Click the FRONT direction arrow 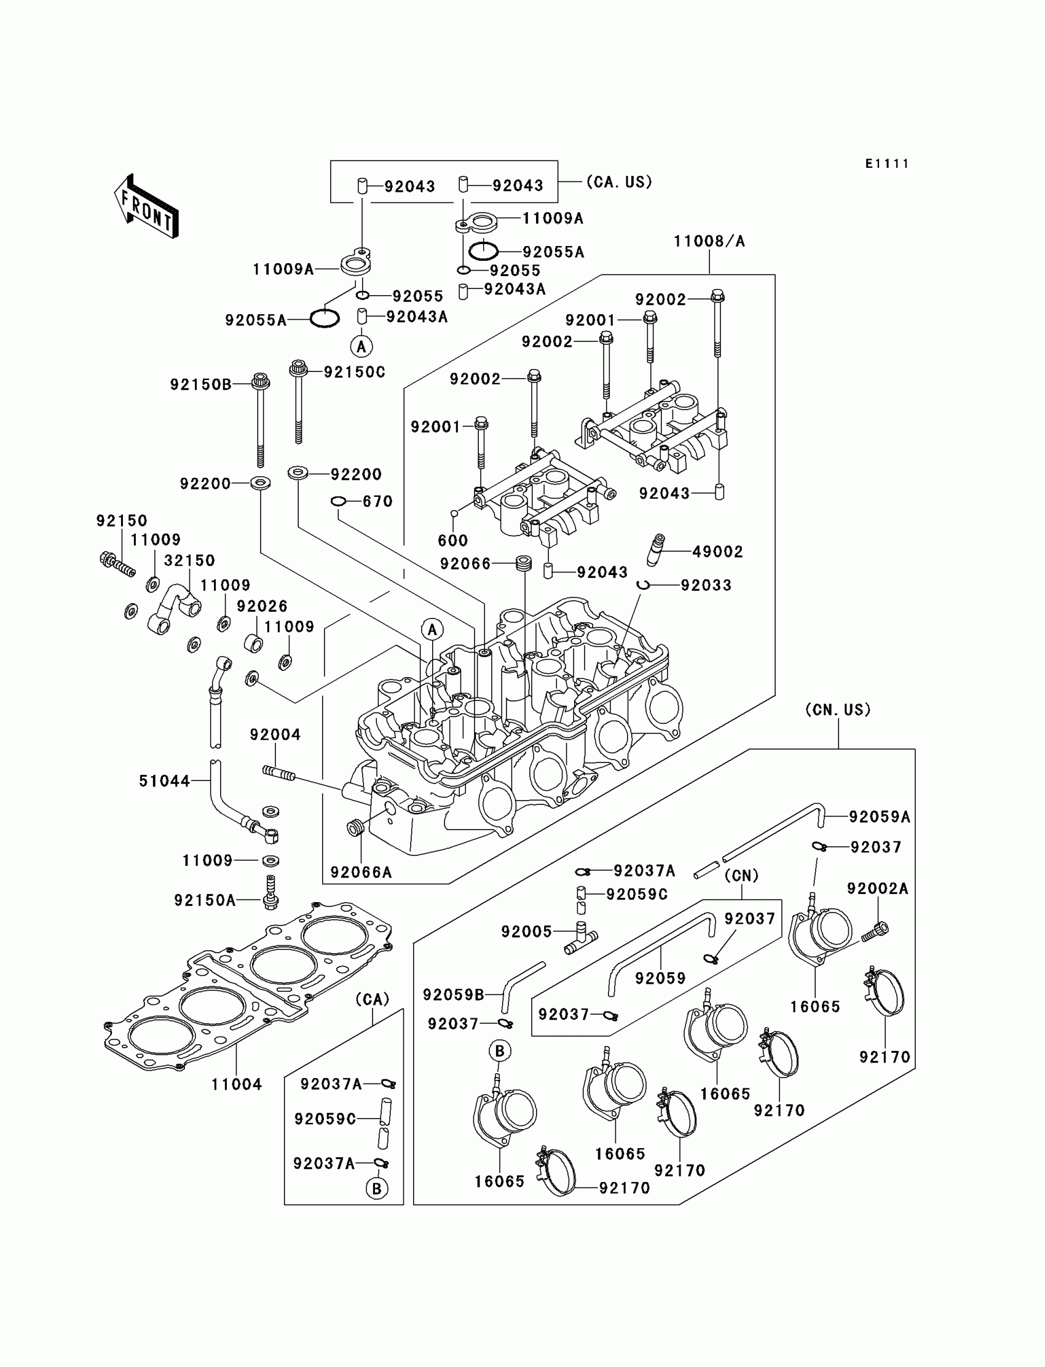146,207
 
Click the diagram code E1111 887,164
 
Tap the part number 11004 237,1085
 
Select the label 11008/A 709,242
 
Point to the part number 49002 718,552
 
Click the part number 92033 706,585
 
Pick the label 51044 164,781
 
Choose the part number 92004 275,735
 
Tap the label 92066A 361,873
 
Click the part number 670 377,502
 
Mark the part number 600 452,540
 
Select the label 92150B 200,385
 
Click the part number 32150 189,561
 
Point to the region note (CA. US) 619,181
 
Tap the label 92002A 878,889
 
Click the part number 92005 527,932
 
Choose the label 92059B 454,995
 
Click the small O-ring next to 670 337,502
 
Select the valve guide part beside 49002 655,549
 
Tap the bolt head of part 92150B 261,380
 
